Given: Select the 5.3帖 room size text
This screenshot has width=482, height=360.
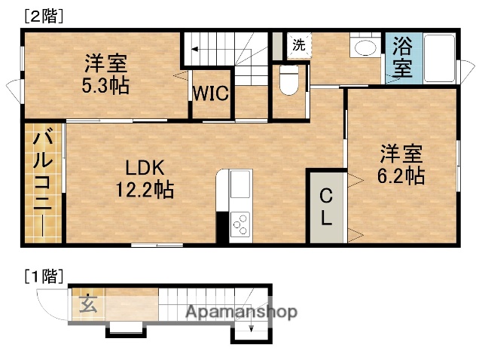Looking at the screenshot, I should (x=105, y=85).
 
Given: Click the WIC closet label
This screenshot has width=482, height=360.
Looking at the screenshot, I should (x=212, y=94).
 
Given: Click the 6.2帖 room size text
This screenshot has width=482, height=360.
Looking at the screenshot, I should (x=400, y=176).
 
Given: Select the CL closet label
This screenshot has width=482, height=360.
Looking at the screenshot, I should (x=325, y=207).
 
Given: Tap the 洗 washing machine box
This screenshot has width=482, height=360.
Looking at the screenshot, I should (x=299, y=44).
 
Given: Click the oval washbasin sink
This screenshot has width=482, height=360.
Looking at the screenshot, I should (x=366, y=48).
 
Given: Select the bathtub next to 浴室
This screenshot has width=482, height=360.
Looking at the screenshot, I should (x=436, y=58).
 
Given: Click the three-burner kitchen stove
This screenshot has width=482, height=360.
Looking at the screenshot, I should (x=241, y=224).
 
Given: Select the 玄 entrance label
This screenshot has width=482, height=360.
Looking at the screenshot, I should (x=88, y=304).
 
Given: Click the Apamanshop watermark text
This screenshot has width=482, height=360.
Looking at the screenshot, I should (x=241, y=312).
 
